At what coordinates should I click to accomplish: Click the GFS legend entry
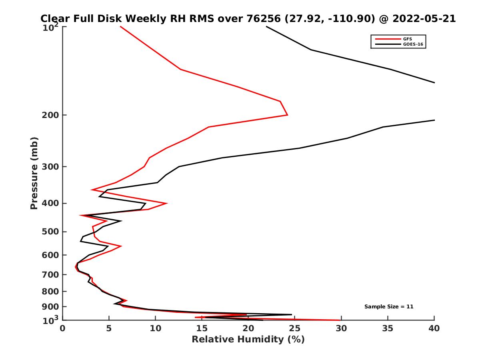[x=408, y=39]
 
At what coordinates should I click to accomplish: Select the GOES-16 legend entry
[x=412, y=44]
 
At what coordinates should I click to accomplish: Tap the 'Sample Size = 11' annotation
[x=389, y=307]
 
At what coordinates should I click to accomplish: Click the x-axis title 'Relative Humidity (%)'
[x=248, y=340]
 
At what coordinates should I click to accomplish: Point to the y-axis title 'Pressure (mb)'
[x=34, y=173]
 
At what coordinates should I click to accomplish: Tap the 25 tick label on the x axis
[x=295, y=328]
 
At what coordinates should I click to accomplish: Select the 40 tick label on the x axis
[x=434, y=328]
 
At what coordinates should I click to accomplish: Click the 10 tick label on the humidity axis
[x=156, y=328]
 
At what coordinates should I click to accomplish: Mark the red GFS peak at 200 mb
[x=287, y=115]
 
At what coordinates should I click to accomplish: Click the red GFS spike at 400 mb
[x=166, y=203]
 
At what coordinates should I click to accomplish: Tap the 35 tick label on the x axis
[x=388, y=328]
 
